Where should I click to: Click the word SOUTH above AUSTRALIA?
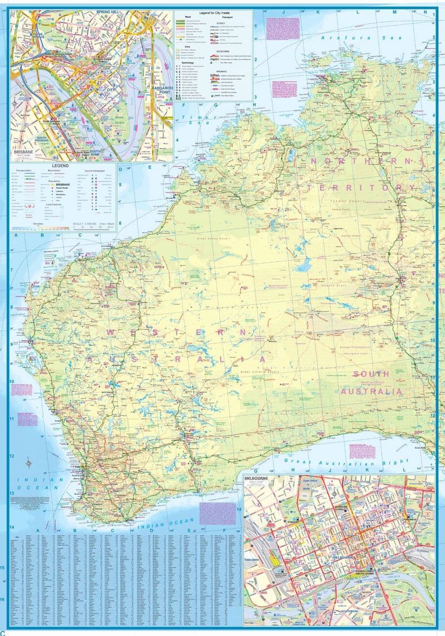click(370, 374)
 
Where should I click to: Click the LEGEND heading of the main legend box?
click(62, 166)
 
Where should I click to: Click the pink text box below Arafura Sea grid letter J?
click(278, 28)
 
